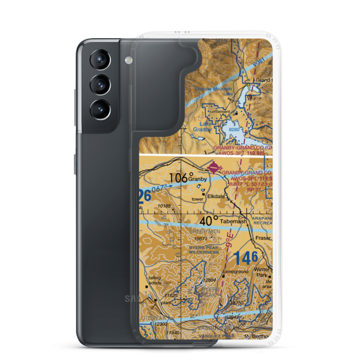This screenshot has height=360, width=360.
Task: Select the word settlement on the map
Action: (220, 112)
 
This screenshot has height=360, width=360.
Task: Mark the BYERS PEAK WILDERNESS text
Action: (204, 250)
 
